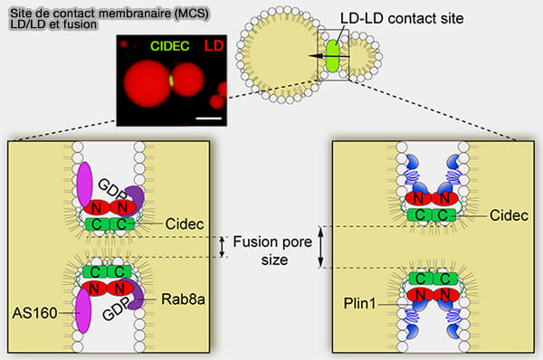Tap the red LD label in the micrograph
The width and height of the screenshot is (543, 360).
point(214,45)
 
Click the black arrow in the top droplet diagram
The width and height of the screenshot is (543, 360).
point(318,55)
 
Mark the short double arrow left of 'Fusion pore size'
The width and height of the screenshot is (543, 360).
point(221,246)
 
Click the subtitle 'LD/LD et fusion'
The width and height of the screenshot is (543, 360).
point(47,23)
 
